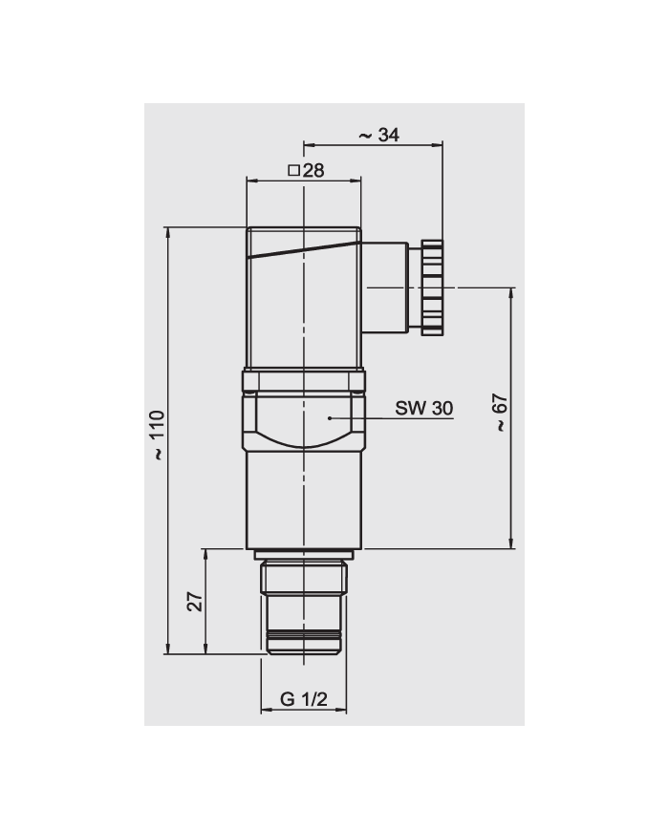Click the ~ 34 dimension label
(x=378, y=135)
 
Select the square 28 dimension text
(x=307, y=171)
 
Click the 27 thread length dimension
(x=194, y=601)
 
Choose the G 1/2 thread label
(x=304, y=700)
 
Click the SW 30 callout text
(x=424, y=408)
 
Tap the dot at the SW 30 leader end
(x=330, y=417)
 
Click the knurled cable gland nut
(x=433, y=286)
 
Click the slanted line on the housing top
(x=303, y=250)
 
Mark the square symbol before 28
(x=293, y=171)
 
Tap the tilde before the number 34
(x=364, y=136)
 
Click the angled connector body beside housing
(x=386, y=287)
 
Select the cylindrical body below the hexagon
(x=303, y=499)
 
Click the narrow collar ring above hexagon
(x=303, y=382)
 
